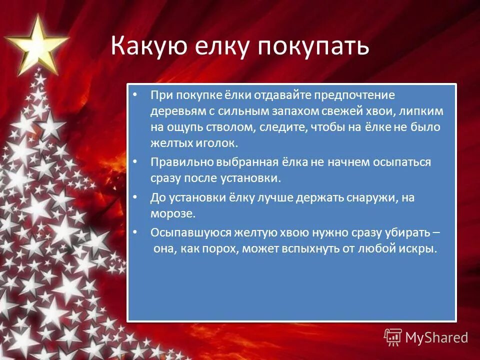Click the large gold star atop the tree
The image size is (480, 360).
(x=35, y=44)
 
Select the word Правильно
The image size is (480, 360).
(x=181, y=162)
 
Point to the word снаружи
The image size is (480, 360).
(x=371, y=197)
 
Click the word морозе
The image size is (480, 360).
(x=170, y=213)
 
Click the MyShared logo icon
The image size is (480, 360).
(x=392, y=337)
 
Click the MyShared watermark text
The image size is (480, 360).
(x=436, y=337)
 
